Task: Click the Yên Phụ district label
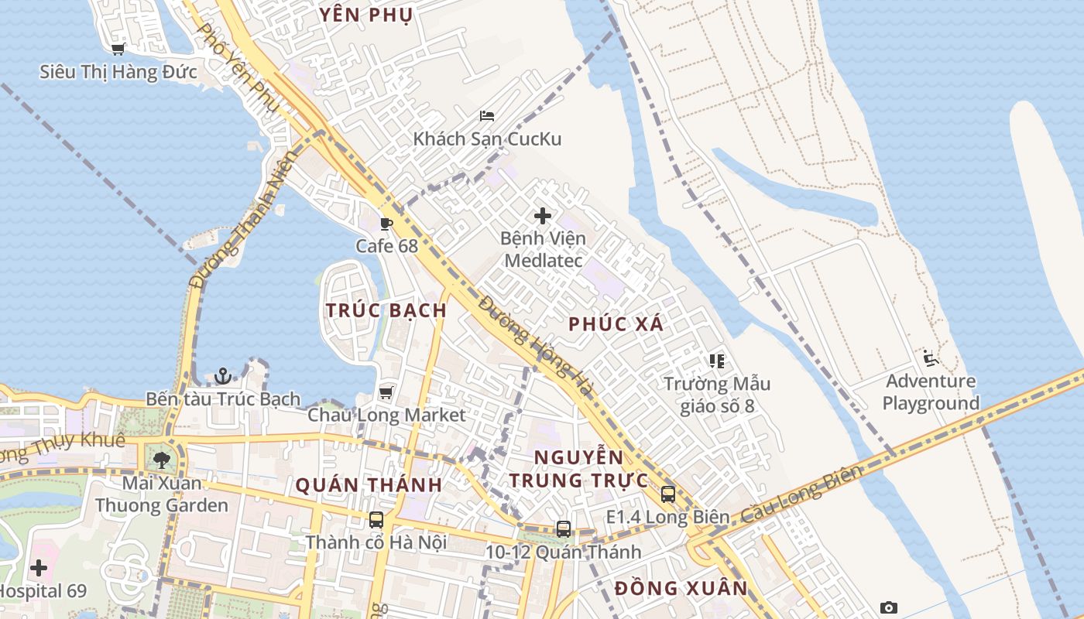(x=366, y=14)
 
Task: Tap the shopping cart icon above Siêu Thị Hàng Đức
(x=118, y=50)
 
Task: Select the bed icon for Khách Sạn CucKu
(x=487, y=116)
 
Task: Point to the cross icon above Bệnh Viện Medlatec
(x=543, y=216)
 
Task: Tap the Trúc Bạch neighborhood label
(x=386, y=310)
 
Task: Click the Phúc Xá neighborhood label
(x=616, y=324)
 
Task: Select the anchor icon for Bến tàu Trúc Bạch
(x=223, y=376)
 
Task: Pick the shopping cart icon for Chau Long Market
(x=386, y=392)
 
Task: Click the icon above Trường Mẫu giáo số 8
(x=716, y=361)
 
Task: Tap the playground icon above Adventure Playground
(x=931, y=358)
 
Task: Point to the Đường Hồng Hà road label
(x=535, y=345)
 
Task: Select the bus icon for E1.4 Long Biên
(x=668, y=494)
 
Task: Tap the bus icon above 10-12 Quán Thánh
(x=564, y=529)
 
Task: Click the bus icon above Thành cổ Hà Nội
(x=376, y=520)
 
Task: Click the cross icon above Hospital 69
(x=39, y=569)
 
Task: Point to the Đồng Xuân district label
(x=681, y=588)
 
